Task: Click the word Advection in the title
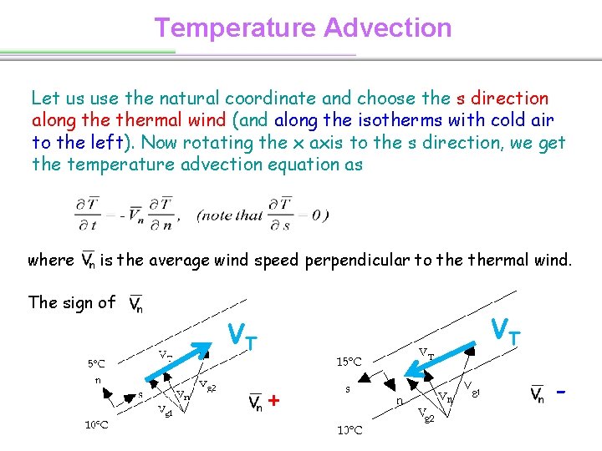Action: (388, 28)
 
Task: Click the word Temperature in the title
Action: (235, 28)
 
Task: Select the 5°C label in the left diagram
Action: (96, 364)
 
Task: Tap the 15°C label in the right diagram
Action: (349, 362)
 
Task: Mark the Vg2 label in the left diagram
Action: (208, 386)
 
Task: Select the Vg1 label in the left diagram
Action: (166, 410)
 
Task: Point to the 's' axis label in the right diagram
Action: (347, 390)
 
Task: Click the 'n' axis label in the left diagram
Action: (98, 380)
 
